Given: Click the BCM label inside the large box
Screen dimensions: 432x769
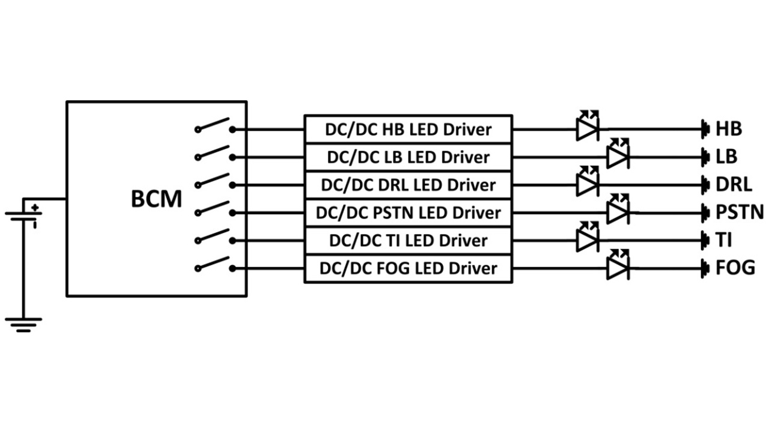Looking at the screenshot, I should click(x=156, y=199).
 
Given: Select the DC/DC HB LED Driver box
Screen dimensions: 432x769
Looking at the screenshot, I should click(x=408, y=129).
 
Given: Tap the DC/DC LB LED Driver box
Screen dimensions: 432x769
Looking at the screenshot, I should click(x=408, y=157).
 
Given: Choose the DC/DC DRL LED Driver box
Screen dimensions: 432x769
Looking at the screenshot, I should click(x=408, y=185).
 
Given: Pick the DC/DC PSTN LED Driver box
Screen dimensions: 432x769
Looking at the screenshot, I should click(x=408, y=212).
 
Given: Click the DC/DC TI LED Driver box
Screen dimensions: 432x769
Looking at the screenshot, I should click(x=408, y=241).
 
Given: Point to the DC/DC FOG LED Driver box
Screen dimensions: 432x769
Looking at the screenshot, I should click(x=408, y=268).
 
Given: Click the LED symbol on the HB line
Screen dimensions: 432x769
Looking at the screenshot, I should click(x=587, y=127).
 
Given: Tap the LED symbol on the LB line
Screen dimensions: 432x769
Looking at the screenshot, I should click(x=618, y=155).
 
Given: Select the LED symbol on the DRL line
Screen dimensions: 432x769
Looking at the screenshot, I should click(x=587, y=182).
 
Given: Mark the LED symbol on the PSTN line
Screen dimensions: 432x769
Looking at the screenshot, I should click(x=618, y=210).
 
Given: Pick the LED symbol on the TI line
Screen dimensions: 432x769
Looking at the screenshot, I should click(x=587, y=238).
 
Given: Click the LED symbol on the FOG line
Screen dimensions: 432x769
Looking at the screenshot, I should click(x=618, y=266).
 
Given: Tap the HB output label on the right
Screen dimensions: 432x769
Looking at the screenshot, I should click(x=728, y=129).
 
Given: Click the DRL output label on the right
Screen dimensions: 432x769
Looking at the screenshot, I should click(x=733, y=185).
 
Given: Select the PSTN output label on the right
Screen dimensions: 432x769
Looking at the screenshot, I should click(x=739, y=212).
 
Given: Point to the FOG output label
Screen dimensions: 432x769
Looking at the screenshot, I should click(x=735, y=268).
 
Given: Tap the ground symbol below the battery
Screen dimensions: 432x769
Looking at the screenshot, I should click(x=23, y=325).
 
